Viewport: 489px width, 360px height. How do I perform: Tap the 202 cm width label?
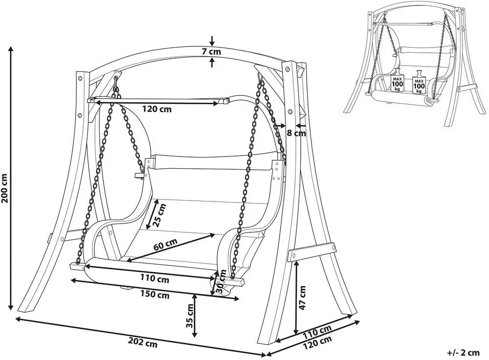[x=143, y=343]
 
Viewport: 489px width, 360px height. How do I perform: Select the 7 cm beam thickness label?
[x=211, y=51]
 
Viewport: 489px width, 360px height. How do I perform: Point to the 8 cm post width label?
[x=296, y=133]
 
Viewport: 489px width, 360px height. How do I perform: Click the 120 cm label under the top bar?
[x=156, y=109]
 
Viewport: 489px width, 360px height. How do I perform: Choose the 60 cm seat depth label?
[x=165, y=245]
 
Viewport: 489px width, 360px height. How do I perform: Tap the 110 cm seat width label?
[x=155, y=278]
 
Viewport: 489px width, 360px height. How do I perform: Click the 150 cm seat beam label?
[x=155, y=294]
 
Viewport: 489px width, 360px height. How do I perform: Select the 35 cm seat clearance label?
[x=189, y=315]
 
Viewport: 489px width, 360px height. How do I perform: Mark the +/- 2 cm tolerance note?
[x=463, y=353]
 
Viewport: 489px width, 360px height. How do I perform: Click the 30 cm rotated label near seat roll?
[x=221, y=282]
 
